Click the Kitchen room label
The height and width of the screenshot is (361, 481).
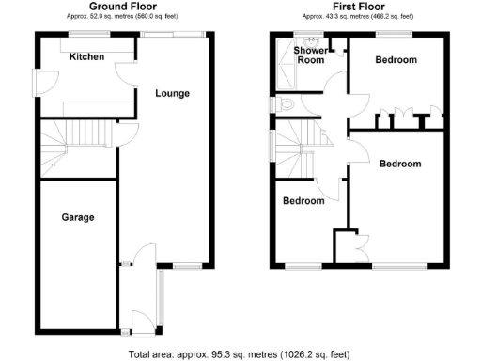pos(86,56)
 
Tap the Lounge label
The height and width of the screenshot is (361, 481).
pos(173,93)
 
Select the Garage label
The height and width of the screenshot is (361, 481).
pos(77,217)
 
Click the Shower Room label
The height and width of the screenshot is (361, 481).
pos(310,55)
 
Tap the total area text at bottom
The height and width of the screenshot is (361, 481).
pos(239,354)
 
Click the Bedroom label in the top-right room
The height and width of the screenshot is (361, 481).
pos(396,59)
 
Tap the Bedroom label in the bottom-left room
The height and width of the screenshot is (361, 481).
pos(303,200)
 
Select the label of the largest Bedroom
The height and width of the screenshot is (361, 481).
pos(400,163)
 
